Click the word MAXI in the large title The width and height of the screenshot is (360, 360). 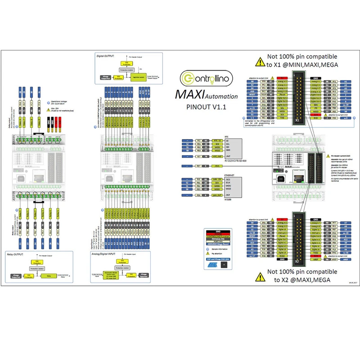(189, 95)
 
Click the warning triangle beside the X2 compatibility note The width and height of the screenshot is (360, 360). (260, 275)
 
